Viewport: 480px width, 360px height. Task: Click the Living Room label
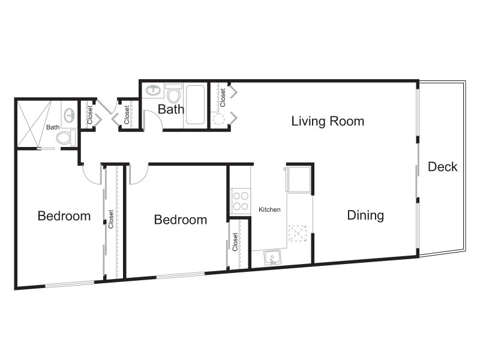click(x=328, y=121)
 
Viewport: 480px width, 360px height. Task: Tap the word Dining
click(x=365, y=215)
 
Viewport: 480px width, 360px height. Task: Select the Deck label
click(x=442, y=167)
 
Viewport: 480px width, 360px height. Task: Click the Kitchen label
click(x=269, y=209)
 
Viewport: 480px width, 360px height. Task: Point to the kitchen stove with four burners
click(x=241, y=201)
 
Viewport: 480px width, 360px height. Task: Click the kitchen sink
click(x=272, y=257)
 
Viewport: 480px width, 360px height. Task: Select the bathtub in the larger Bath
click(x=196, y=104)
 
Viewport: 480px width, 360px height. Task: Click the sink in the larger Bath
click(x=154, y=91)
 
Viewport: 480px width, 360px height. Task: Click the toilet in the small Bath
click(x=66, y=137)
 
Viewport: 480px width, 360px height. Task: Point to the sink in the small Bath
click(x=70, y=115)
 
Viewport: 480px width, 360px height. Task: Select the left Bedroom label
click(x=64, y=216)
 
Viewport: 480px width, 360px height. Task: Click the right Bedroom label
click(x=181, y=220)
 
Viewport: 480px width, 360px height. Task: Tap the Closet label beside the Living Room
click(x=223, y=97)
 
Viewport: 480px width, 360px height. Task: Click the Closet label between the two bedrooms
click(x=111, y=219)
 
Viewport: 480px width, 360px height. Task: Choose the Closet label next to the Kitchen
click(x=235, y=242)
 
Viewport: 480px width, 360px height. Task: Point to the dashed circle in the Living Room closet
click(x=219, y=119)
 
